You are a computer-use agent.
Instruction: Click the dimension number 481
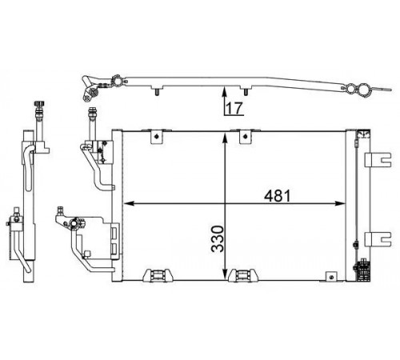pos(277,196)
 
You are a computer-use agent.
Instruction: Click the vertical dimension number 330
pos(218,239)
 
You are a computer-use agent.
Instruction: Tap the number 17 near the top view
pos(234,108)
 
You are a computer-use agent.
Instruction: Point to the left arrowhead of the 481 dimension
pos(129,203)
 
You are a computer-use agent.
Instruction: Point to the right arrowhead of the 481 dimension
pos(340,203)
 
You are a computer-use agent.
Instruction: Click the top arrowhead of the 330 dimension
pos(225,139)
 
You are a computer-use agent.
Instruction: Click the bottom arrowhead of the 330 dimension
pos(225,275)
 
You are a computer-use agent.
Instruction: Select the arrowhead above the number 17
pos(225,92)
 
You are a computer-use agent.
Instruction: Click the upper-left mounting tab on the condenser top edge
pos(156,137)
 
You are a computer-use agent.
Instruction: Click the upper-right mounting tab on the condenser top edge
pos(245,137)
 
